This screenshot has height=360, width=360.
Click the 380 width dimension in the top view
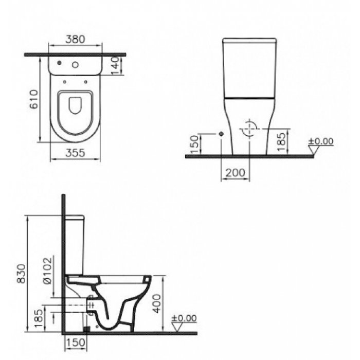pyautogui.click(x=76, y=39)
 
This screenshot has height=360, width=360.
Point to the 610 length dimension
pyautogui.click(x=34, y=100)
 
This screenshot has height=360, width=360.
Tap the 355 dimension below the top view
pyautogui.click(x=75, y=152)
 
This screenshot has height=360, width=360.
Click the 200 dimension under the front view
pyautogui.click(x=235, y=173)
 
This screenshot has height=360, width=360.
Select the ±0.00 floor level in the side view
pyautogui.click(x=184, y=318)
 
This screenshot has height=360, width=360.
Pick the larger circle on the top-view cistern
pyautogui.click(x=76, y=65)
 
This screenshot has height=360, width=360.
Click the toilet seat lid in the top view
pyautogui.click(x=76, y=107)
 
